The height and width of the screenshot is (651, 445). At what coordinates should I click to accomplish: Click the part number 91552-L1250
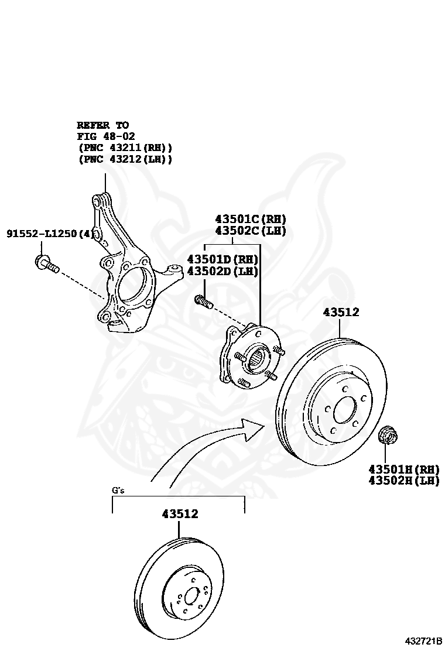tap(42, 234)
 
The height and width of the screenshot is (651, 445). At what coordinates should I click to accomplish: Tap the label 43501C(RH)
tap(251, 219)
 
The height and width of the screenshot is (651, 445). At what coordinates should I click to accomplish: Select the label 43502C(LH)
tap(251, 231)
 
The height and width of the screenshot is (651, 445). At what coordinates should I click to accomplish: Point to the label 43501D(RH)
tap(222, 259)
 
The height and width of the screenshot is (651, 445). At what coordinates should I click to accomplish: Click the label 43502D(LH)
tap(222, 271)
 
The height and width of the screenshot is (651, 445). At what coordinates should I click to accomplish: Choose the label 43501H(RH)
tap(403, 469)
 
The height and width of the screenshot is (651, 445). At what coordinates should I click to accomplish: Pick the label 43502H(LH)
tap(403, 481)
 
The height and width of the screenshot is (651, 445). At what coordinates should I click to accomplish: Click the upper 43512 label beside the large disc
tap(341, 313)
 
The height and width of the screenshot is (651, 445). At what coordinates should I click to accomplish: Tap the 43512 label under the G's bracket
tap(180, 514)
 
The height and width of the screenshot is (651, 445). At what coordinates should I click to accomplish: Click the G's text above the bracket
tap(118, 490)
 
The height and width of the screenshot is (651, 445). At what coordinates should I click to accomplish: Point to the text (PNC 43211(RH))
tap(125, 148)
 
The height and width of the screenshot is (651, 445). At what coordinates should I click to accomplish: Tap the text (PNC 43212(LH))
tap(125, 159)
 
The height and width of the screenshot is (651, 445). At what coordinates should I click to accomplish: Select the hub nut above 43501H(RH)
tap(386, 435)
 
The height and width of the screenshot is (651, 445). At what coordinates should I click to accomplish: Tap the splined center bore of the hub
tap(257, 357)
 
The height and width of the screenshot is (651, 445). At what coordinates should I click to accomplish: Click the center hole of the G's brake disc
tap(190, 598)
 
